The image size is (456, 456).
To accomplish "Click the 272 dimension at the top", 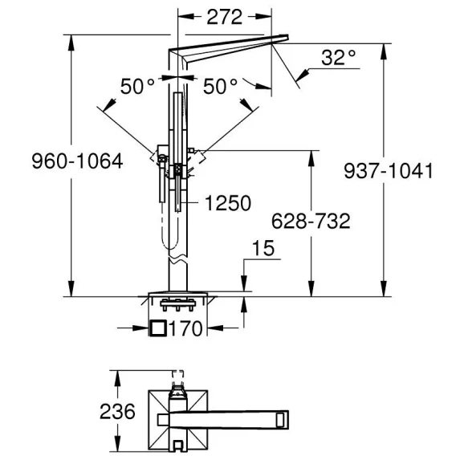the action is pos(224,17).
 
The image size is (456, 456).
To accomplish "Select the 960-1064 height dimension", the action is pos(77,161).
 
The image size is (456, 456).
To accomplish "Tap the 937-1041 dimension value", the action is pos(389,171).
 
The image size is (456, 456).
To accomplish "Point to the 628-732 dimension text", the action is pos(311,221).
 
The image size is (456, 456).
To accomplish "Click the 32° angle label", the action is pos(338,58).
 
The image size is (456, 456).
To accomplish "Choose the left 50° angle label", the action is pos(137,87).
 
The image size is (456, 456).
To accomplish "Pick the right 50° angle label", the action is pos(221,87).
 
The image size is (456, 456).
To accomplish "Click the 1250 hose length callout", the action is pos(228,202).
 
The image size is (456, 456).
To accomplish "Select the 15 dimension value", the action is pos(263,248).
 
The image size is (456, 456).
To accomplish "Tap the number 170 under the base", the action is pos(185,328).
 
